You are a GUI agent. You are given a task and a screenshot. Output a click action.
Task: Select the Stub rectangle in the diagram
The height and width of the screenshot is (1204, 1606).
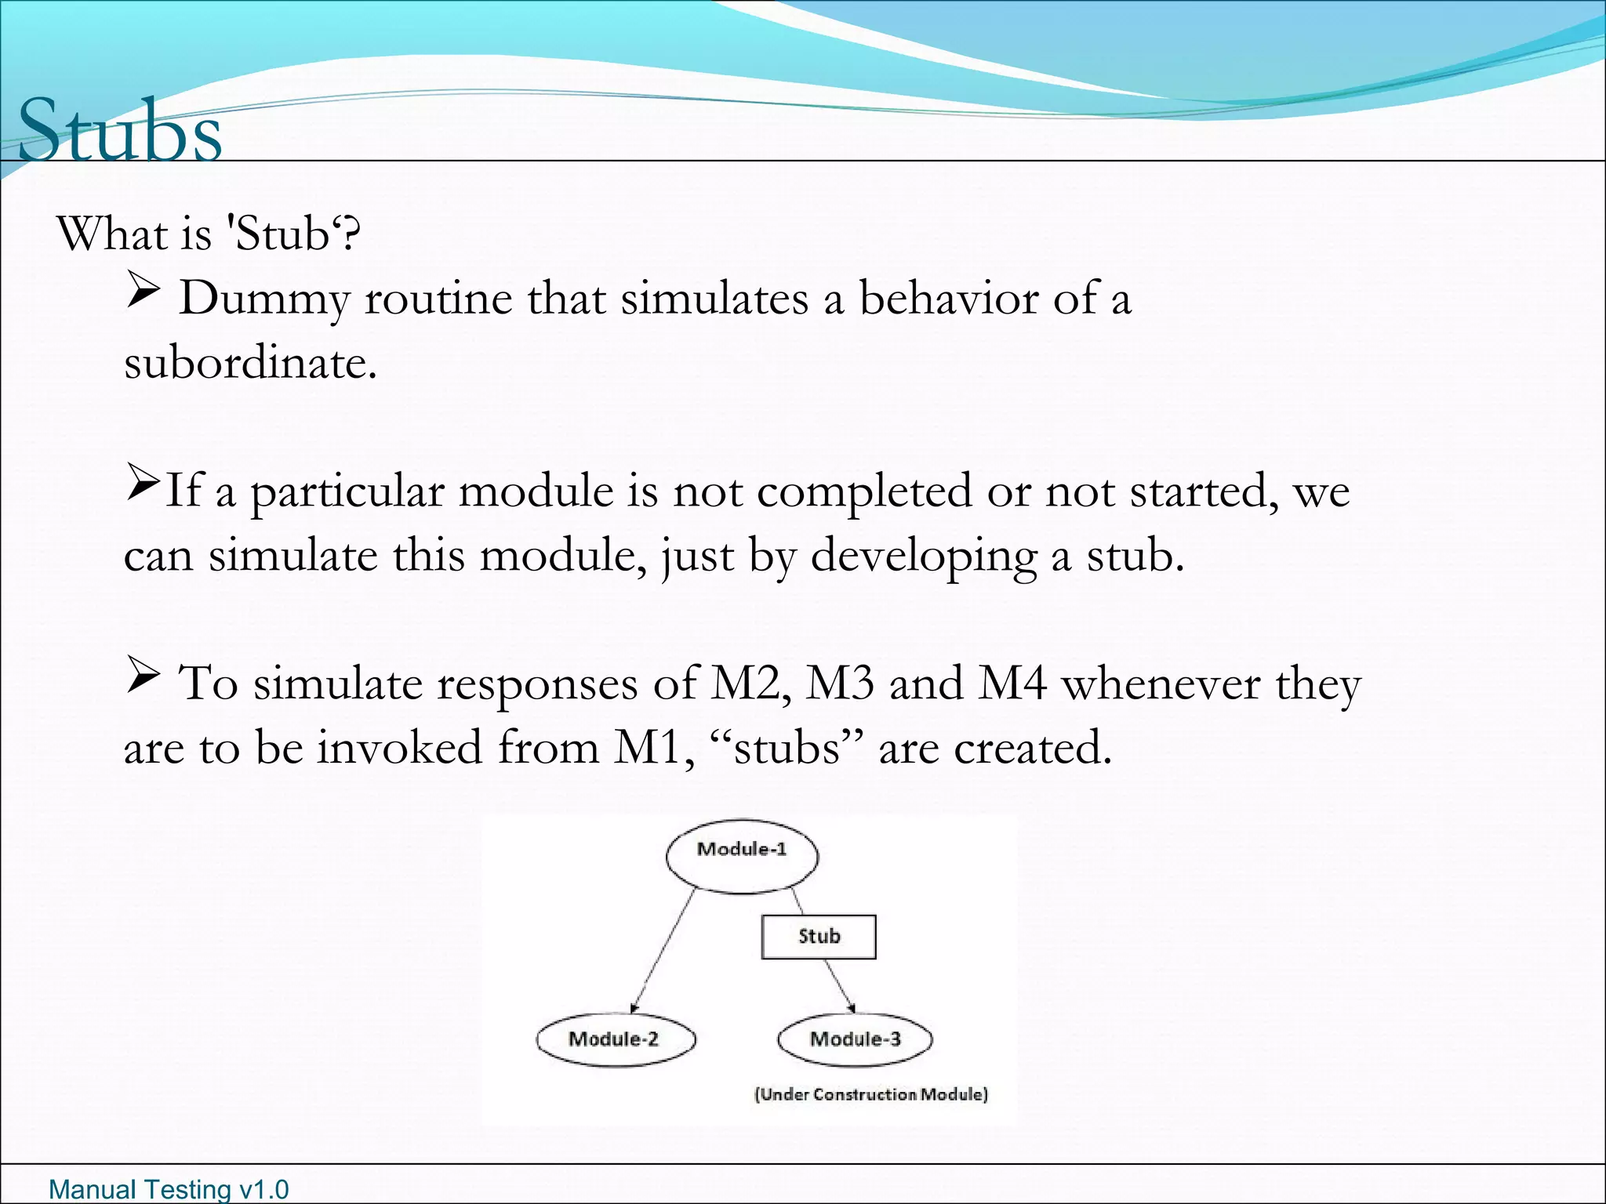pos(819,937)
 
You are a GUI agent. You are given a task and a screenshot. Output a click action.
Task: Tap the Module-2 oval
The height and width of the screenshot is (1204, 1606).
pos(616,1039)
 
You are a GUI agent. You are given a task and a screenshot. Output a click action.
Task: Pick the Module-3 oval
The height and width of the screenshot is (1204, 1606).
pos(855,1039)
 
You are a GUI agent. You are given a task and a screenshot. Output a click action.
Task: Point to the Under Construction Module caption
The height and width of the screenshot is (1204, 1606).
pos(870,1094)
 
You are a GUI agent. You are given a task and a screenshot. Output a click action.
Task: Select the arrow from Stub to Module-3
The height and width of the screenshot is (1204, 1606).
pos(840,985)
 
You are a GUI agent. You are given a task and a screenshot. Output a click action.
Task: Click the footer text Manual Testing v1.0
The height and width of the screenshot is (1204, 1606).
pos(169,1189)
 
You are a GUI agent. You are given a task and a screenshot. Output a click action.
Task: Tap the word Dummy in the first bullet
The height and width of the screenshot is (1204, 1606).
pos(263,299)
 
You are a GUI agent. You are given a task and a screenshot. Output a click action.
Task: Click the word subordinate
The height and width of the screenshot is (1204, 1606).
pos(249,363)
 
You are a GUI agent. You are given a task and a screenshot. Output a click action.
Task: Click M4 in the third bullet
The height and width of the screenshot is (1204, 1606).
pos(1012,683)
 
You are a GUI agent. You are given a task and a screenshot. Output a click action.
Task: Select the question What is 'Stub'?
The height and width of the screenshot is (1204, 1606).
pos(209,234)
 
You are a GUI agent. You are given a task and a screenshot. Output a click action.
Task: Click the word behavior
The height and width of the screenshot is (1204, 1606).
pos(948,299)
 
